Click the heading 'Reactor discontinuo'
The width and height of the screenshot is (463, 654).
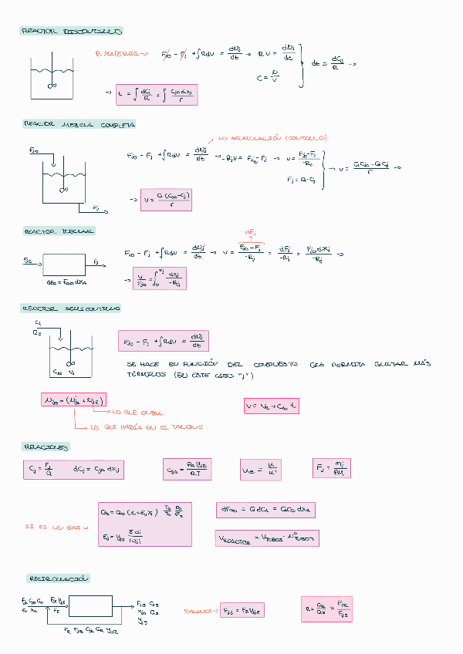pos(71,32)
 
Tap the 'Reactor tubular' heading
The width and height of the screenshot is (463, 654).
pos(59,231)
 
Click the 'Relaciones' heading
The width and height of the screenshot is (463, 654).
pos(47,447)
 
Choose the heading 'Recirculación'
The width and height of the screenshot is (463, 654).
pos(59,578)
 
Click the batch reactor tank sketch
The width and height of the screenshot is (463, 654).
pos(52,77)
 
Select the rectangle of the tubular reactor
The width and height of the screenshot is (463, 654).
pos(64,265)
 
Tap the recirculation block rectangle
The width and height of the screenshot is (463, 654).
pos(90,605)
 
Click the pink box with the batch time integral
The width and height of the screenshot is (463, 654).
pos(156,95)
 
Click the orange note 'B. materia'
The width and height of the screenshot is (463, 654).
pos(121,54)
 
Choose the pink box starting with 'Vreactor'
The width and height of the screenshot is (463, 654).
pos(267,538)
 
